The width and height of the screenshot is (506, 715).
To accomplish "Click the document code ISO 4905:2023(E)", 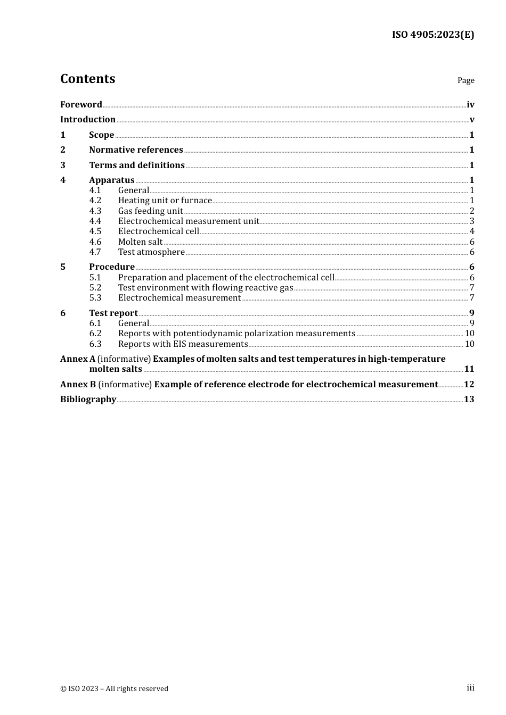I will [432, 35].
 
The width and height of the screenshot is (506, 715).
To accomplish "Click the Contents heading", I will [87, 79].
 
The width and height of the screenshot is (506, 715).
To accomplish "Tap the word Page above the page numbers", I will [466, 80].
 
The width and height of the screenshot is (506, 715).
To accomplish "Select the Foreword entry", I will [81, 104].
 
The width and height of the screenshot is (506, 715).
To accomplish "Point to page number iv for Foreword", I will [470, 105].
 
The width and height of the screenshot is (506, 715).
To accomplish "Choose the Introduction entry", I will [87, 119].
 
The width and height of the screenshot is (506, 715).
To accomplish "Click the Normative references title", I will [136, 150].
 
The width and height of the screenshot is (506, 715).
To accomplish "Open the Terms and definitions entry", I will [136, 165].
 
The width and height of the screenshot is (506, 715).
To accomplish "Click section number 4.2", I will [95, 201].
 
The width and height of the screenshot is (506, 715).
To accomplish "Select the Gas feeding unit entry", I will [150, 211].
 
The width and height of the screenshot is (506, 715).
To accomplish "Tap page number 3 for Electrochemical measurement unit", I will [471, 221].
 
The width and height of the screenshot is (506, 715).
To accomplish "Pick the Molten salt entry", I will [140, 242].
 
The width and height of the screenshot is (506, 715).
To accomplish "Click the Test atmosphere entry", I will [151, 252].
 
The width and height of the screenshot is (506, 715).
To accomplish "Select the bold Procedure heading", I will [112, 267].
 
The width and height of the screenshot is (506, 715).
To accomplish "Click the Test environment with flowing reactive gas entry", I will [206, 288].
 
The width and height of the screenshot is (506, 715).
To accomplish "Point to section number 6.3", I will [95, 344].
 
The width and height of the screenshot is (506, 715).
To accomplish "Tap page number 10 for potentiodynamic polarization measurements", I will [469, 334].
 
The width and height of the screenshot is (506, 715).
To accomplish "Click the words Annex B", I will [78, 384].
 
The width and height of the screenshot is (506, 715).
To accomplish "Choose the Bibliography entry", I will [88, 399].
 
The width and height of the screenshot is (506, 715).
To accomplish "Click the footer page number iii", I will [470, 688].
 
